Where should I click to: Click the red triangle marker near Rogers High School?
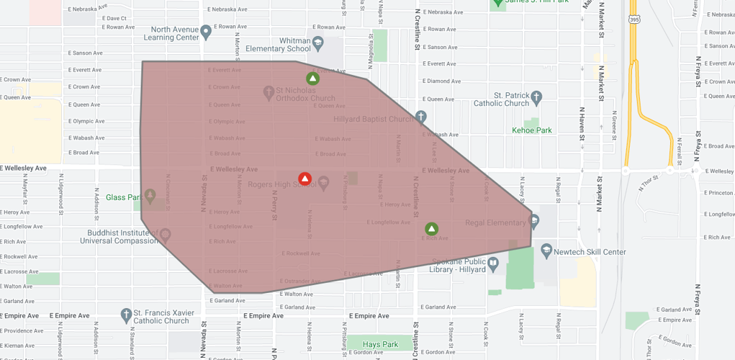pos(305,179)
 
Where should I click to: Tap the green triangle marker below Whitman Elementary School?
pos(312,78)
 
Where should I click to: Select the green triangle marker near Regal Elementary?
pos(431,229)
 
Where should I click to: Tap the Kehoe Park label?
pos(531,130)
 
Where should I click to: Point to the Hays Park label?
pos(380,344)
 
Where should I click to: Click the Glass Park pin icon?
pos(150,195)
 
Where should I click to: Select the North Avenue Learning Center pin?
pos(206,32)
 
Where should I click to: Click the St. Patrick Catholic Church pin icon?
pos(536,96)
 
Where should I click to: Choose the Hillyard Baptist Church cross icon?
pos(421,117)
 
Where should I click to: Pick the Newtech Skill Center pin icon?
pos(546,250)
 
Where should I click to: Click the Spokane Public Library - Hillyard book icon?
pos(493,264)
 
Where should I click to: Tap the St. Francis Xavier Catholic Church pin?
pos(127,315)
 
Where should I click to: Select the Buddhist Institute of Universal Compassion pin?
pos(165,235)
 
